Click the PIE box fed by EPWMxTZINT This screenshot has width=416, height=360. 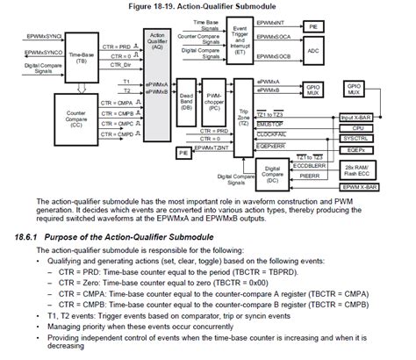coord(183,152)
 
